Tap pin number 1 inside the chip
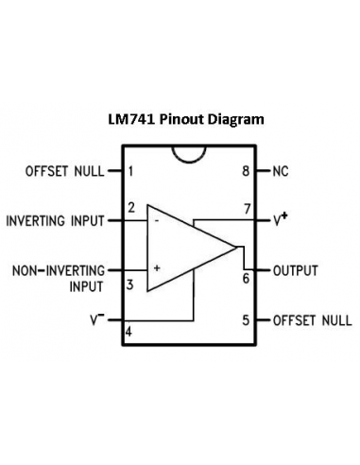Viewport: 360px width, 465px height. coord(130,171)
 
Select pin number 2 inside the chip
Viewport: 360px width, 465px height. coord(130,207)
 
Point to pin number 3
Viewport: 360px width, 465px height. coord(130,284)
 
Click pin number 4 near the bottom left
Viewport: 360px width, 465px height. coord(129,331)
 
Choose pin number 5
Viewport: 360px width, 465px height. coord(246,320)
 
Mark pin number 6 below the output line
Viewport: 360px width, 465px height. coord(246,279)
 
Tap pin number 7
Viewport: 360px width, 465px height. coord(246,208)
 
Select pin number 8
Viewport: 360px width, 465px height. coord(246,171)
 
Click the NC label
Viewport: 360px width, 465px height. coord(281,171)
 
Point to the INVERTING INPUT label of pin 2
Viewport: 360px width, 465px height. coord(55,221)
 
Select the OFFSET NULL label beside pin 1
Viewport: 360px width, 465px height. coord(63,171)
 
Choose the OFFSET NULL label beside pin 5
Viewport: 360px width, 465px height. coord(312,320)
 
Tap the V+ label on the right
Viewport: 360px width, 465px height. coord(281,219)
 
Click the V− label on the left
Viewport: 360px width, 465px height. coord(97,320)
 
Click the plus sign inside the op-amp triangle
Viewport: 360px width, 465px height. coord(157,268)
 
